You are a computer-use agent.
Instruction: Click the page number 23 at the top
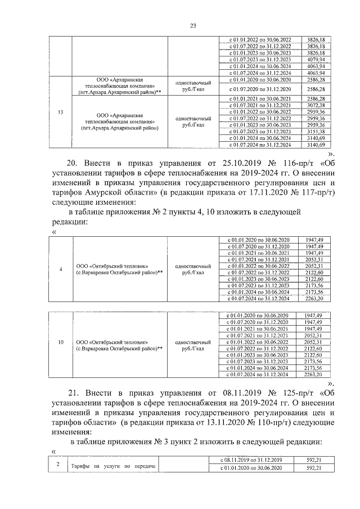[x=193, y=25]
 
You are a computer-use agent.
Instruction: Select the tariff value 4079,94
[x=317, y=59]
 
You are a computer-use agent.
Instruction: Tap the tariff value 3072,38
[x=317, y=105]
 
